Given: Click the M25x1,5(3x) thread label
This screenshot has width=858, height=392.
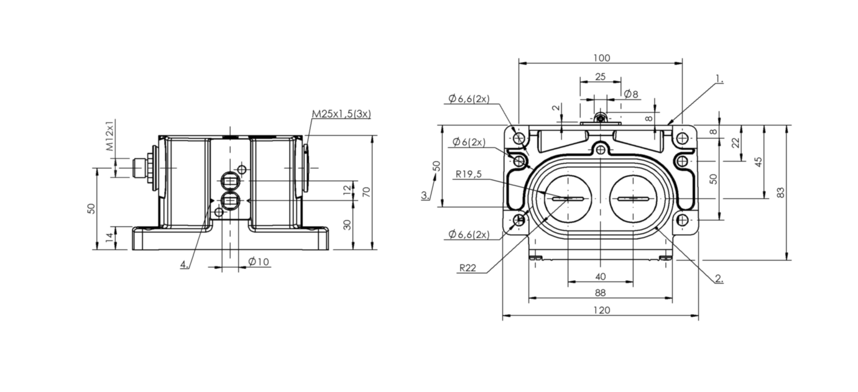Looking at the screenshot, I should coord(341,114).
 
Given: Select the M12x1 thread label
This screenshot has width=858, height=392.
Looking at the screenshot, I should coord(109,136).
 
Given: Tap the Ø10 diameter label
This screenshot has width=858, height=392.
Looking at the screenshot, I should coord(258,262).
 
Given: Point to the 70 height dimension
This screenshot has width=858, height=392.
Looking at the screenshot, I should coord(366,191).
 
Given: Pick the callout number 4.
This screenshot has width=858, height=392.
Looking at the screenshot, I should coord(184,264).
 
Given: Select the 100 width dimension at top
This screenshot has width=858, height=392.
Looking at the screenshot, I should coord(601,58).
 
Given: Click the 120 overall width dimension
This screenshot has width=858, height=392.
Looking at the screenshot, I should coord(601,309).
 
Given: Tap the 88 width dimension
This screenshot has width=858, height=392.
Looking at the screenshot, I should coord(600,292).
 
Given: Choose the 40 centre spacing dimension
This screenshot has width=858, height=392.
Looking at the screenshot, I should coord(601,276).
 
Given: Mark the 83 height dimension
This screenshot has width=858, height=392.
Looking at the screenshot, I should coord(781,193).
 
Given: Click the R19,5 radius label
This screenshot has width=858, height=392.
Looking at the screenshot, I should coord(468,175).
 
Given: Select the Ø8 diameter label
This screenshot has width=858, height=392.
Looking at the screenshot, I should coord(631,94).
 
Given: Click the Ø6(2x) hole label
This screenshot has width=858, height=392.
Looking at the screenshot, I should coord(469,142).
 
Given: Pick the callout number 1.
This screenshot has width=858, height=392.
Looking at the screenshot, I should coord(719,79).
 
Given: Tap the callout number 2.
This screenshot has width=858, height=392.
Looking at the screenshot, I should coord(719,278).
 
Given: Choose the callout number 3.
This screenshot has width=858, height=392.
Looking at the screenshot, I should coord(425,195).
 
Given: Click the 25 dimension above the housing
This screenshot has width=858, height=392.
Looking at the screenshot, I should coord(600,76).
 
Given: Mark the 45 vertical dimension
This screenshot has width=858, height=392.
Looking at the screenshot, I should coord(758,162).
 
